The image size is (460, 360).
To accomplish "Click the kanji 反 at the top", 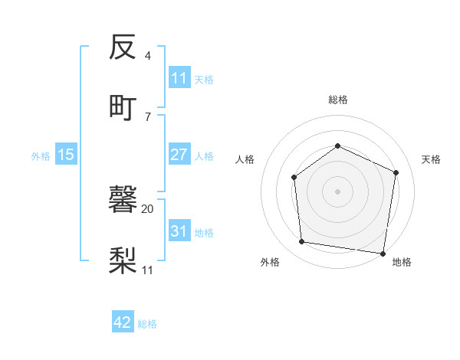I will coord(123,47).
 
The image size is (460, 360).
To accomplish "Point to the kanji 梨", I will coord(123,259).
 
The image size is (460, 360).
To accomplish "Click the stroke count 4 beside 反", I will coord(148,56).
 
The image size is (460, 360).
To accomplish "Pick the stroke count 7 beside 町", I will coord(148,116).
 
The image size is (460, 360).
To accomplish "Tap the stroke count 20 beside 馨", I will coord(148,208).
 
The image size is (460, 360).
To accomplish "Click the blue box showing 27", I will coord(179,155).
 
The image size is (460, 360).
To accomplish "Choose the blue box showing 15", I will coord(66,155).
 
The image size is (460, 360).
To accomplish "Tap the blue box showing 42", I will coord(122,322).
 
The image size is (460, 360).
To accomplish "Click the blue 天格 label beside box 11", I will coord(204,79).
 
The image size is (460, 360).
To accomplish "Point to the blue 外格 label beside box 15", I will coord(41,155).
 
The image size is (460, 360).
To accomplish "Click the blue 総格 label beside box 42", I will coord(147,324).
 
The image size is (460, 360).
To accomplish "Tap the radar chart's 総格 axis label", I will coord(337,100).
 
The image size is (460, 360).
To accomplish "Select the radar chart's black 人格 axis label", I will coord(245,159).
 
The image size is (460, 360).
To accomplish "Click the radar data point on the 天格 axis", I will coord(396,172).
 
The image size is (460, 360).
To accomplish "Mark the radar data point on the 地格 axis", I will coord(383,253).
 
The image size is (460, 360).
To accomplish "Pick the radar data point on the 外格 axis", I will coord(302,242).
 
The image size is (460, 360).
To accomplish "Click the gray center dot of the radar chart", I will coord(337,191).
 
